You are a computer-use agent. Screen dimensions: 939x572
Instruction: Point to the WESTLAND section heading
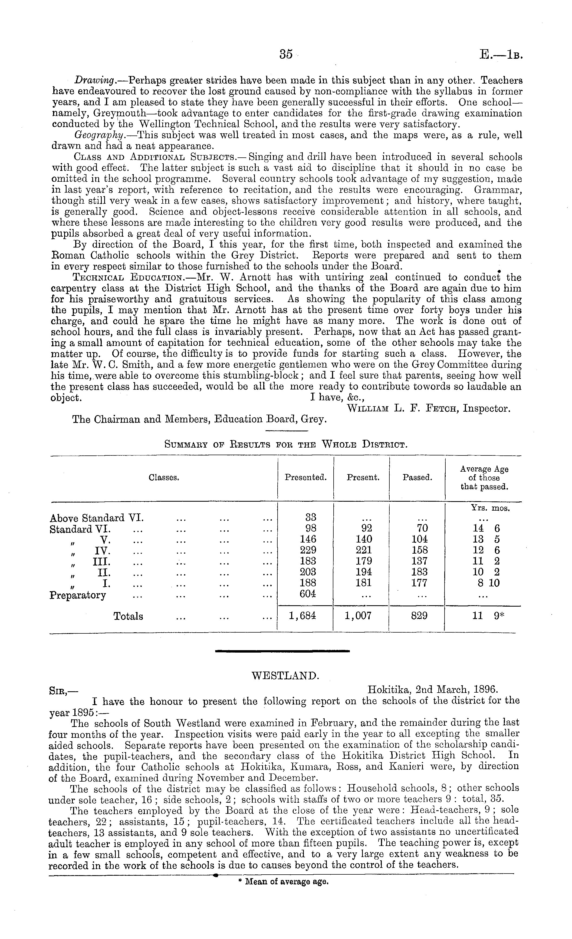pyautogui.click(x=285, y=676)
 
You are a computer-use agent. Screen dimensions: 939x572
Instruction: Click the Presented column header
pyautogui.click(x=305, y=477)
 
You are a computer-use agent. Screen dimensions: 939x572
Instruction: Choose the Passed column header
pyautogui.click(x=417, y=477)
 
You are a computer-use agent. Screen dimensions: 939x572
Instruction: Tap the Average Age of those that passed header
pyautogui.click(x=484, y=478)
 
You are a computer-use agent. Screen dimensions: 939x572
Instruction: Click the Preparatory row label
pyautogui.click(x=78, y=595)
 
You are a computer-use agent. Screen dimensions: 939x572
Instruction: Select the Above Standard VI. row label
pyautogui.click(x=97, y=518)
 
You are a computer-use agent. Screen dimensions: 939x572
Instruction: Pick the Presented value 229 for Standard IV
pyautogui.click(x=305, y=550)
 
